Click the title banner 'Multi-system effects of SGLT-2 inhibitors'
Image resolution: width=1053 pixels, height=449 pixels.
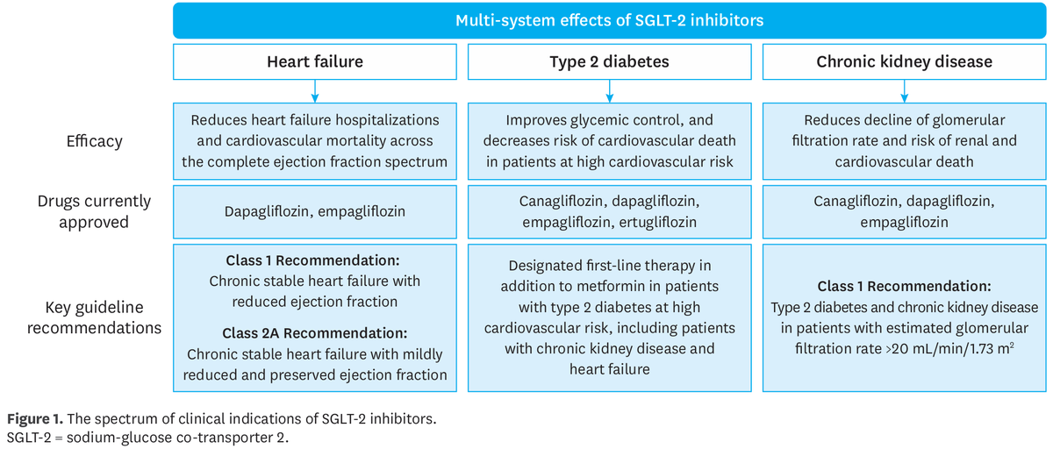609,19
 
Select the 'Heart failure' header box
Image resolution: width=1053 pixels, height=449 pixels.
314,61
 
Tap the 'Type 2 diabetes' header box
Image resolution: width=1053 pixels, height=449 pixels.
609,61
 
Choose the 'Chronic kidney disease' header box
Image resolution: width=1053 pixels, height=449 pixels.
904,61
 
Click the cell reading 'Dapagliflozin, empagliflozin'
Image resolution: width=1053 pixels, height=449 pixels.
314,211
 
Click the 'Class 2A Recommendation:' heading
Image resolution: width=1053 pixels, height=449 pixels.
314,333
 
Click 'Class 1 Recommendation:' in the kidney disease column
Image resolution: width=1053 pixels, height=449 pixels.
904,287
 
